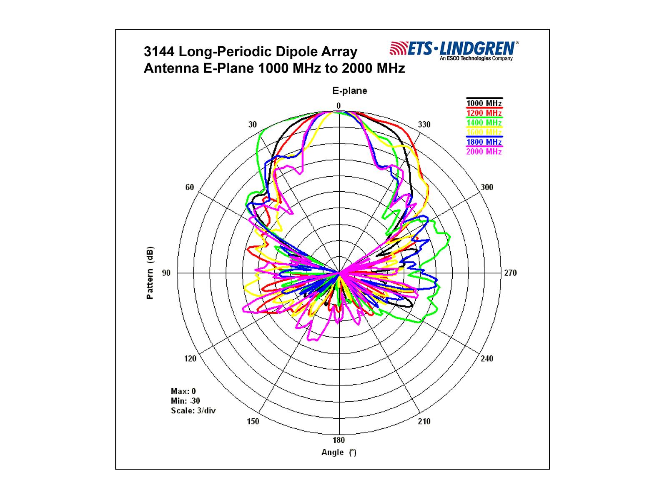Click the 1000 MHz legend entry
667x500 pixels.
click(x=484, y=103)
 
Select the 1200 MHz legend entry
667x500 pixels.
click(x=484, y=113)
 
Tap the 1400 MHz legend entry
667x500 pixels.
click(x=484, y=122)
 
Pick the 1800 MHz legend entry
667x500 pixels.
click(x=484, y=142)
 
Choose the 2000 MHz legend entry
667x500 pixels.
click(x=484, y=152)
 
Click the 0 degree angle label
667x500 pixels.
click(x=339, y=106)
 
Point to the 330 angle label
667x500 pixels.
click(x=424, y=125)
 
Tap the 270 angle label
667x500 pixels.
click(x=510, y=273)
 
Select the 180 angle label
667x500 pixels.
click(x=339, y=440)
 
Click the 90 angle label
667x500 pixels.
click(x=166, y=273)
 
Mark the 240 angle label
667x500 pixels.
click(x=487, y=359)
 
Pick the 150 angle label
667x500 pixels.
click(x=253, y=421)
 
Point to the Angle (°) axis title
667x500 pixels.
click(x=339, y=452)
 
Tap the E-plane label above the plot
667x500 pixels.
click(x=349, y=91)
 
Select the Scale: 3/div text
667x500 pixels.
click(x=193, y=411)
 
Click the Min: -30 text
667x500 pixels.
click(x=186, y=401)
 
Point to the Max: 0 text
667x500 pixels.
click(x=183, y=391)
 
